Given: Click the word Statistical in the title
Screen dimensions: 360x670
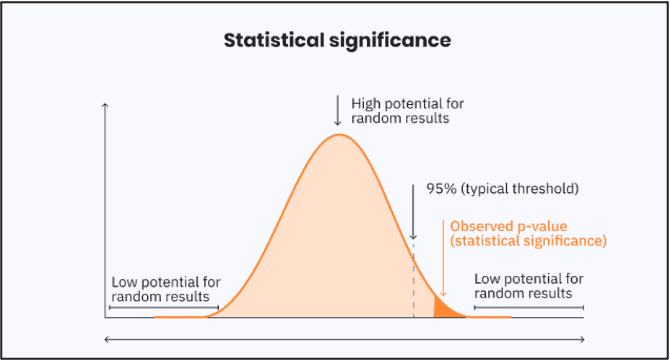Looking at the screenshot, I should (x=270, y=41).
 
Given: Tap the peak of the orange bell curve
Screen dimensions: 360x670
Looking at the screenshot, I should (x=339, y=135).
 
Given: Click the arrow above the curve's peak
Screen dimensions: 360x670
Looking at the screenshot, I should (x=338, y=110).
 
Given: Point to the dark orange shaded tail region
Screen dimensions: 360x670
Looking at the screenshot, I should (x=444, y=309).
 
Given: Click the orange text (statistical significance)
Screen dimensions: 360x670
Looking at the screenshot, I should (x=528, y=241).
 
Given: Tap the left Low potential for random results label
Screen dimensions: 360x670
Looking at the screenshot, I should (x=165, y=289).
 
